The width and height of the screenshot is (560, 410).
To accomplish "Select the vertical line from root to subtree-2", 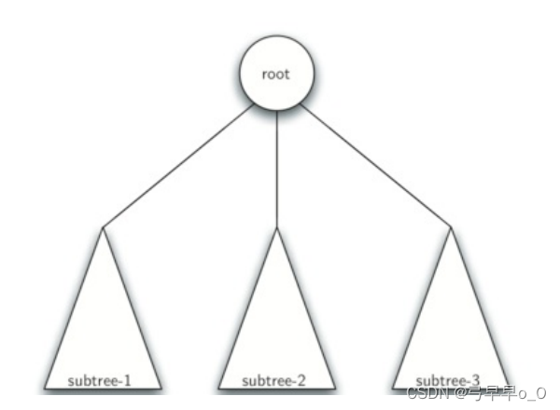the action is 277,168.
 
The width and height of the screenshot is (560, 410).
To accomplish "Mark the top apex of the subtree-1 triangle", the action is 104,226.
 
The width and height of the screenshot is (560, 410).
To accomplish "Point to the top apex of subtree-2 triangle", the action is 277,227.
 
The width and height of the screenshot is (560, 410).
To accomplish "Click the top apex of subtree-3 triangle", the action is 451,226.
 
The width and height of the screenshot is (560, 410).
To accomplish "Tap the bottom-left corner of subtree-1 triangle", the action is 44,388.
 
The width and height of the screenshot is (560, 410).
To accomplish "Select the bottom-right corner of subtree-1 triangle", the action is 162,388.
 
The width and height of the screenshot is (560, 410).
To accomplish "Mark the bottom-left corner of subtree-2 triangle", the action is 218,388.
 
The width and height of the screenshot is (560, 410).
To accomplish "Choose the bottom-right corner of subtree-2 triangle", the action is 335,388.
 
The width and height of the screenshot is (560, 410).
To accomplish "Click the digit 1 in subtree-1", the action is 130,381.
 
